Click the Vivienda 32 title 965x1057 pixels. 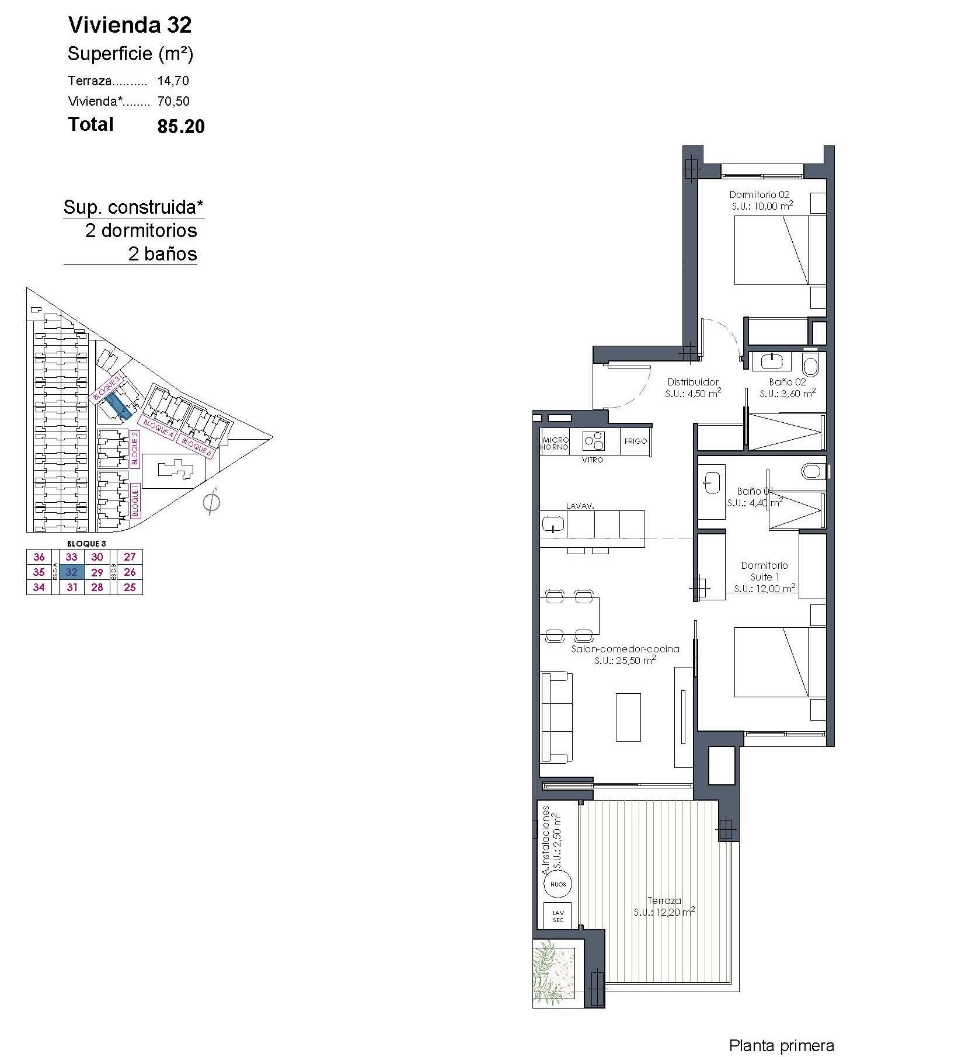click(x=130, y=25)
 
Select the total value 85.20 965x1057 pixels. click(x=181, y=127)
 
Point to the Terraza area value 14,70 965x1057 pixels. click(x=173, y=81)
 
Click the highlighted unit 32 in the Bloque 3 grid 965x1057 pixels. click(x=71, y=572)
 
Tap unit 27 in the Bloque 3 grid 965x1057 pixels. click(x=130, y=557)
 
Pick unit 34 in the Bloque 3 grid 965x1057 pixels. click(x=39, y=587)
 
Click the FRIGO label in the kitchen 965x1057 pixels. click(x=635, y=441)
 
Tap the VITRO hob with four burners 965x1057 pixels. click(x=594, y=441)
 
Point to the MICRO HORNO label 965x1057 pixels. click(x=555, y=443)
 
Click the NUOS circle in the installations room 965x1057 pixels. click(x=558, y=884)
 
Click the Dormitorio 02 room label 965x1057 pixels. click(x=760, y=194)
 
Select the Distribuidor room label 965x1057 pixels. click(x=693, y=383)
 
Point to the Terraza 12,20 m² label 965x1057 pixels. click(x=664, y=906)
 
